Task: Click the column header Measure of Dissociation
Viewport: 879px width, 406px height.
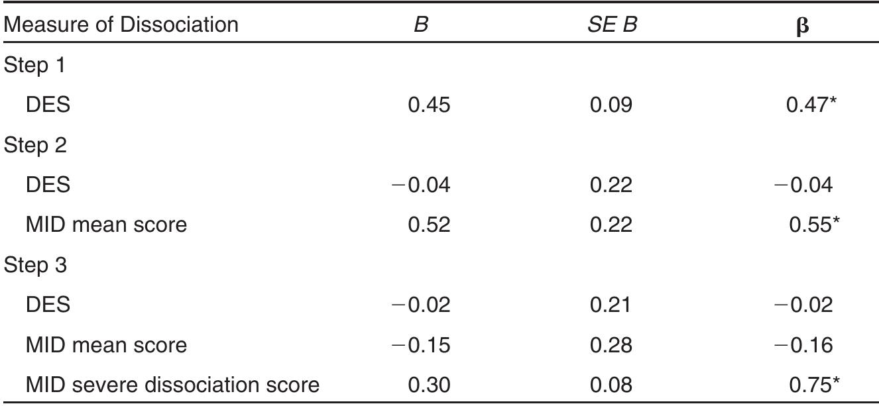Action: (x=121, y=26)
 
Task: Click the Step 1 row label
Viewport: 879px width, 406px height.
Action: (x=38, y=66)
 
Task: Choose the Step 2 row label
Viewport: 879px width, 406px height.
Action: (x=38, y=146)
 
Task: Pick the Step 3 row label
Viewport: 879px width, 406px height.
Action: (x=38, y=266)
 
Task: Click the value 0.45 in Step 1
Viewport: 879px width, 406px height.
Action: (x=430, y=105)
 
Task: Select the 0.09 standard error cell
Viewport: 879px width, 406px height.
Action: (x=611, y=105)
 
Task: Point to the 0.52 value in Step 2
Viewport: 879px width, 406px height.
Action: (x=430, y=225)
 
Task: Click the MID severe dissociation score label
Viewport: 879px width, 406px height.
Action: (x=172, y=384)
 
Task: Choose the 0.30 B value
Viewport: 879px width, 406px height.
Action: (x=430, y=384)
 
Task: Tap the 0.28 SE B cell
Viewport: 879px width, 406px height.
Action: (x=611, y=345)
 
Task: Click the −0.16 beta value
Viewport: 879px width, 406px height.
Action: (x=803, y=345)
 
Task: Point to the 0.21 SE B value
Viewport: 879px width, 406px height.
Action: (x=611, y=305)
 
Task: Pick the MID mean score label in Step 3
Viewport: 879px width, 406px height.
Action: (x=106, y=345)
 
